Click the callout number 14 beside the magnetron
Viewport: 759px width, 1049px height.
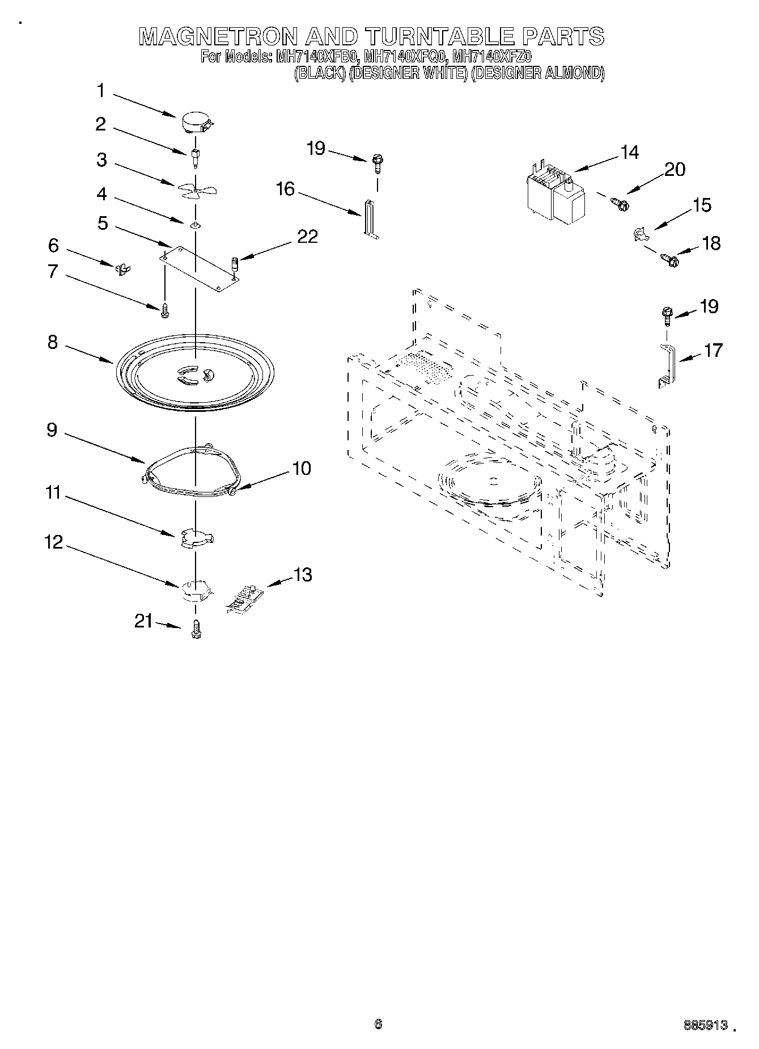pyautogui.click(x=629, y=152)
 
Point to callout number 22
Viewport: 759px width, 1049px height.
pyautogui.click(x=308, y=237)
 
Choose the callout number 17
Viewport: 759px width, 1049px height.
pyautogui.click(x=713, y=350)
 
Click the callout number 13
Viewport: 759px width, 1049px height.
pyautogui.click(x=303, y=575)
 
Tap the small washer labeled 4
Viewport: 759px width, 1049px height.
pyautogui.click(x=195, y=225)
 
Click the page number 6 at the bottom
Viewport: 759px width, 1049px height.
pyautogui.click(x=378, y=1024)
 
